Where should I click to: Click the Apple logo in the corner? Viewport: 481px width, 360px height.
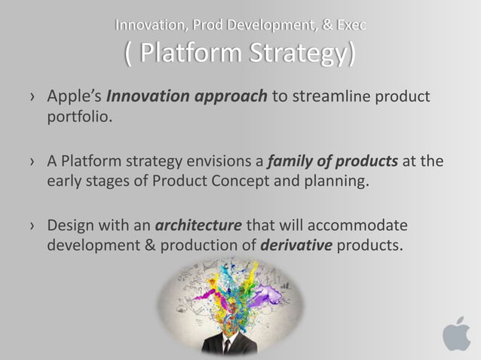pos(456,333)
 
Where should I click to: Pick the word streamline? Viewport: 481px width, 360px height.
pos(325,98)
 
